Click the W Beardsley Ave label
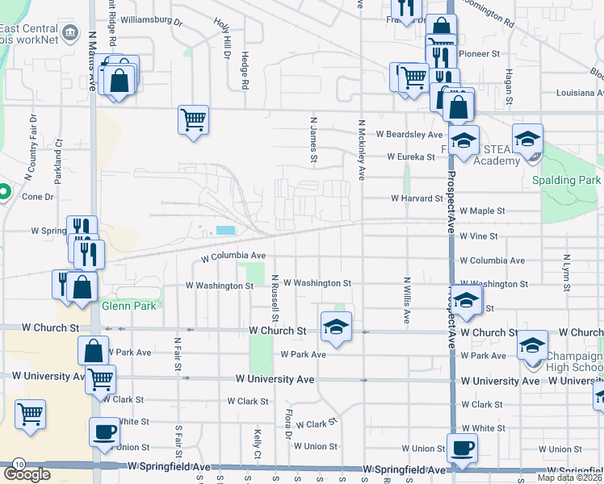point(408,134)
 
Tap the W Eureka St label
point(413,156)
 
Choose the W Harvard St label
point(417,198)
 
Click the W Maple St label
point(482,211)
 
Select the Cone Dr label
point(38,196)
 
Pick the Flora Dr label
point(288,424)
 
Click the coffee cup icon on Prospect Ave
point(462,448)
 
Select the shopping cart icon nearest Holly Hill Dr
point(194,120)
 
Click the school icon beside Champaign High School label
point(532,346)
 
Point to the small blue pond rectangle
point(227,231)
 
